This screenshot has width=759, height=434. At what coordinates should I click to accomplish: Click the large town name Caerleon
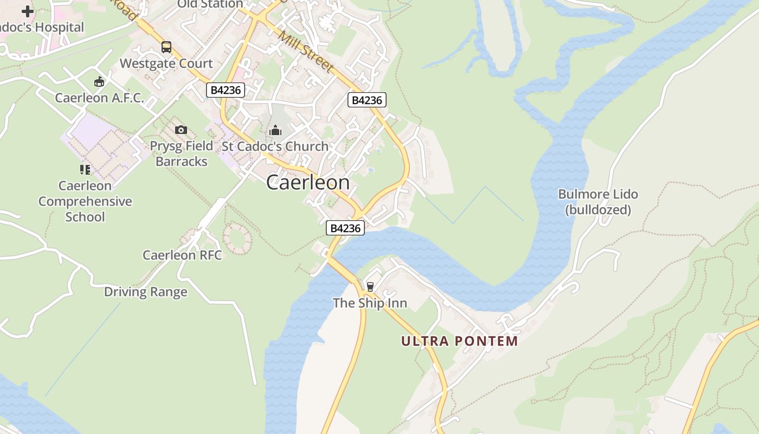tap(308, 183)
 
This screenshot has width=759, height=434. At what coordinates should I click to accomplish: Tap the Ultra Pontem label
tap(460, 341)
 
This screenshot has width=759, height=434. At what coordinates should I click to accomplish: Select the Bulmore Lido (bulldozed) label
tap(598, 202)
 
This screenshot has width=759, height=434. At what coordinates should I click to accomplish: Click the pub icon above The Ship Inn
tap(370, 286)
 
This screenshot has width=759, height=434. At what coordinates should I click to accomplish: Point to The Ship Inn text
tap(370, 303)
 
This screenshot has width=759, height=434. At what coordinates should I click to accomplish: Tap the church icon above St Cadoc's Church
tap(275, 130)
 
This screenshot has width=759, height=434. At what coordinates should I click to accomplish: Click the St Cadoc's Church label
tap(275, 146)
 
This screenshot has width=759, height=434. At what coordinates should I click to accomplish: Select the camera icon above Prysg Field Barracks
tap(181, 130)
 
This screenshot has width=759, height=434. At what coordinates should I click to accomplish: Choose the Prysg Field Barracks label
tap(181, 154)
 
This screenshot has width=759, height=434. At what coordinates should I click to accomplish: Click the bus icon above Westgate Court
tap(166, 47)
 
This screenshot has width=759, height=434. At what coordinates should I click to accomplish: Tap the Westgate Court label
tap(166, 63)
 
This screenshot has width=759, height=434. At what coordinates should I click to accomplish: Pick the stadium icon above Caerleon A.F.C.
tap(99, 82)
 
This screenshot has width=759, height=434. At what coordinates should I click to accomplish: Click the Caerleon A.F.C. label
tap(99, 98)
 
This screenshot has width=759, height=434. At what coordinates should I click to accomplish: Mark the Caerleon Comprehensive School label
tap(85, 201)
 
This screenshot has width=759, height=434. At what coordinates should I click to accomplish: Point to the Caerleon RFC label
tap(182, 255)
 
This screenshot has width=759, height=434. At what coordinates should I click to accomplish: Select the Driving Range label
tap(146, 292)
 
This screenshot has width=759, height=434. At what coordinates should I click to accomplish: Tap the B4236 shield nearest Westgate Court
tap(226, 90)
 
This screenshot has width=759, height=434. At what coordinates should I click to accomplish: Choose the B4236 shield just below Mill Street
tap(367, 100)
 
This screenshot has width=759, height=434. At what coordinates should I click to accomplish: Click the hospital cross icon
tap(27, 11)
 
